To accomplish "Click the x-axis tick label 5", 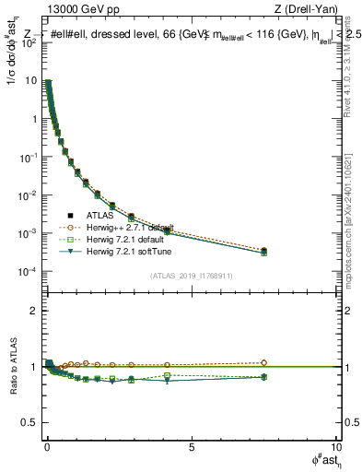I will click(x=191, y=446).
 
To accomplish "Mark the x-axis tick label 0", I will click(x=47, y=446).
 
